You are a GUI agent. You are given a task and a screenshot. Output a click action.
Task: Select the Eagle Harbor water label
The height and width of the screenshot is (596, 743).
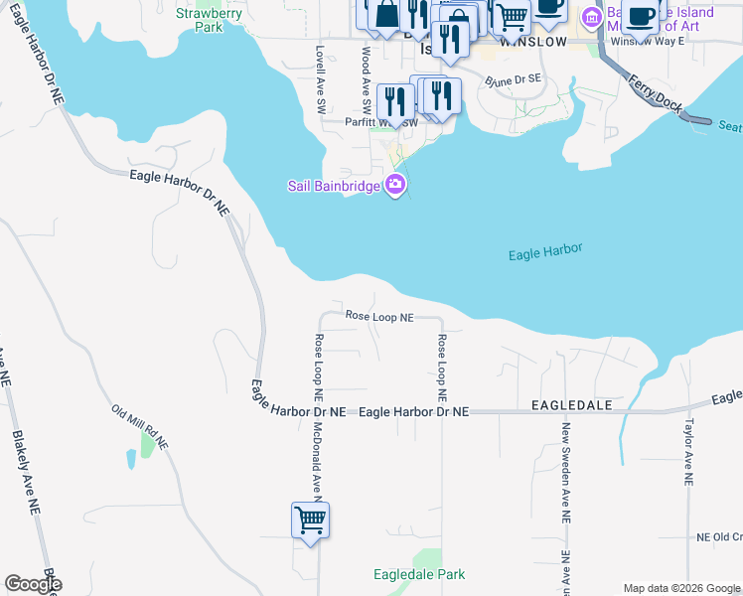(544, 252)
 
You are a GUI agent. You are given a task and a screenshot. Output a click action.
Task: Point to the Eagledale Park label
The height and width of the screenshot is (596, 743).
(418, 574)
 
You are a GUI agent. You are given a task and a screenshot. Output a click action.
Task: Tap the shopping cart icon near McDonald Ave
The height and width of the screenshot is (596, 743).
(310, 520)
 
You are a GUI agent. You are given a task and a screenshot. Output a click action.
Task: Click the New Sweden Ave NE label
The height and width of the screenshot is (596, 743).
(565, 473)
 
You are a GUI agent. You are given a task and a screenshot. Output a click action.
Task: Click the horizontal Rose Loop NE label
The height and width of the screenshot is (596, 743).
(379, 316)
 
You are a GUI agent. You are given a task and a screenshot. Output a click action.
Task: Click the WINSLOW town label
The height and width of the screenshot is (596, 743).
(533, 43)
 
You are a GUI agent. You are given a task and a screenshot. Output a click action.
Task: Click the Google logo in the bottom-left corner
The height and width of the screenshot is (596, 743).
(33, 584)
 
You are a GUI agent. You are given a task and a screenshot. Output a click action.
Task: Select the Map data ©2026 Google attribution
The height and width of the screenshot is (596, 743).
(681, 588)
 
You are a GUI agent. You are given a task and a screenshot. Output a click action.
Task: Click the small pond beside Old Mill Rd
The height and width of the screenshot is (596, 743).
(132, 459)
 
